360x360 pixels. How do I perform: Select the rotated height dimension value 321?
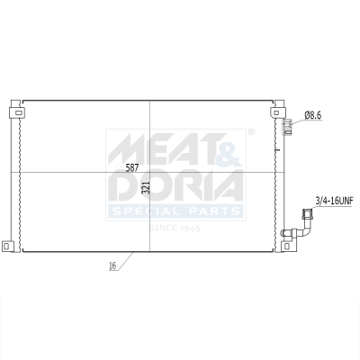pyautogui.click(x=144, y=188)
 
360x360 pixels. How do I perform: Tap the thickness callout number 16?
pyautogui.click(x=113, y=266)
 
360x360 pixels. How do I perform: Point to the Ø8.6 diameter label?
pyautogui.click(x=314, y=115)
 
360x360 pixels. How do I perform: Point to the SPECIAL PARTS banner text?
pyautogui.click(x=175, y=211)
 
